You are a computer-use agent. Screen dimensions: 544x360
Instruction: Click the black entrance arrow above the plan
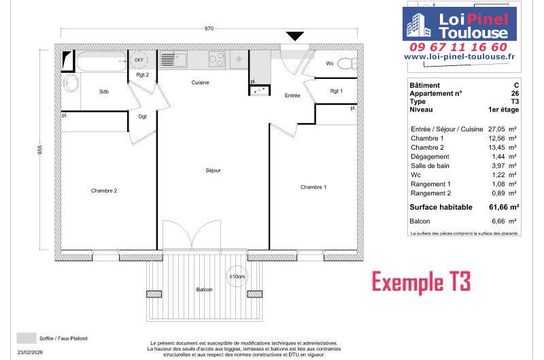(x=295, y=36)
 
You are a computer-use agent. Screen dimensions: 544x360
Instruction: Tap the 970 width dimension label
(x=209, y=29)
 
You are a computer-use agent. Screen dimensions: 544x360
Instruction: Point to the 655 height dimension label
(x=40, y=150)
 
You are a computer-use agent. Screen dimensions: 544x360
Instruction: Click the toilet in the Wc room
(x=347, y=63)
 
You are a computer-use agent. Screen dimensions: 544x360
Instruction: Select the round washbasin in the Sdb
(x=71, y=82)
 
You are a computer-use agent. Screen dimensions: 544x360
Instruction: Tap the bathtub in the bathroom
(x=101, y=61)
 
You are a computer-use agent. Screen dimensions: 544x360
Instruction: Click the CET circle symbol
(x=139, y=60)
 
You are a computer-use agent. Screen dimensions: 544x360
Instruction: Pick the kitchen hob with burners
(x=217, y=59)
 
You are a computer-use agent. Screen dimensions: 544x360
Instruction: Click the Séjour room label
(x=213, y=170)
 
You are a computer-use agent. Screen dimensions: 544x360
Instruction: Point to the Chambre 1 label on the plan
(x=313, y=187)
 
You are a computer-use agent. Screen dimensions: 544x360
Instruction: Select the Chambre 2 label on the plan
(x=104, y=191)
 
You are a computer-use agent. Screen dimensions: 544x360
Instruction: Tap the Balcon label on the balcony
(x=204, y=289)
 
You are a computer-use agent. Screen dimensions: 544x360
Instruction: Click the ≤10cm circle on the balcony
(x=237, y=276)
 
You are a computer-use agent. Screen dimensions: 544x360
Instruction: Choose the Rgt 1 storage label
(x=336, y=91)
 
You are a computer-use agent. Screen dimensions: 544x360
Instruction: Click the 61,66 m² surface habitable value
(x=504, y=208)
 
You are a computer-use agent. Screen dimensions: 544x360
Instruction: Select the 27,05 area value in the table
(x=496, y=129)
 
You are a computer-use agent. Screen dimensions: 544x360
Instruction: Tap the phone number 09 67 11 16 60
(x=458, y=47)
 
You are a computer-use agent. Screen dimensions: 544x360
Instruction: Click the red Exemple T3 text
(x=421, y=282)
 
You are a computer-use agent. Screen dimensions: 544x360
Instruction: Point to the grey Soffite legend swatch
(x=27, y=338)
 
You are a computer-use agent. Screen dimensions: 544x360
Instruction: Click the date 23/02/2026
(x=30, y=352)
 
